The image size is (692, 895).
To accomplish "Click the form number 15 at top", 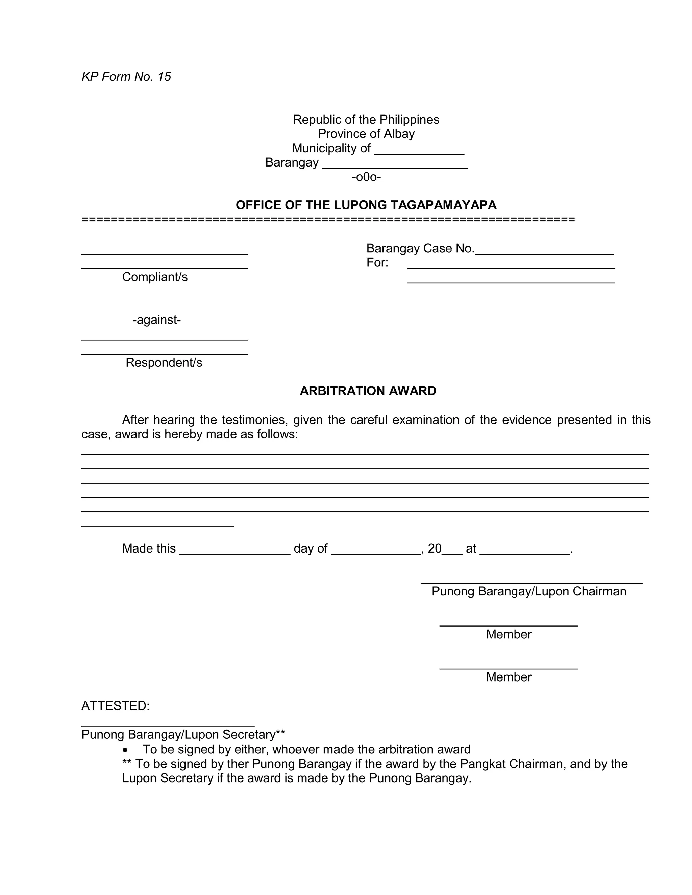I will coord(164,77).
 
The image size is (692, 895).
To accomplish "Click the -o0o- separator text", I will coord(366,177).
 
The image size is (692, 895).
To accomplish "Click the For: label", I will coord(377,263).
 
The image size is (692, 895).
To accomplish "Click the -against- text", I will coord(156,319).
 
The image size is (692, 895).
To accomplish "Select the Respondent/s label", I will coord(164,363).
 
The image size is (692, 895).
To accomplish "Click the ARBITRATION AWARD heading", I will coord(368,391).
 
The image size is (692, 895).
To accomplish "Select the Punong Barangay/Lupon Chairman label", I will coord(528,591).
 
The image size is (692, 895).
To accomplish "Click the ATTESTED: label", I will coord(115,706).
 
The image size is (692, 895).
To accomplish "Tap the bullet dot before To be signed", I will coord(125,750).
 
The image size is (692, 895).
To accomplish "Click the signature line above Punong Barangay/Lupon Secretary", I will coord(168,726).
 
